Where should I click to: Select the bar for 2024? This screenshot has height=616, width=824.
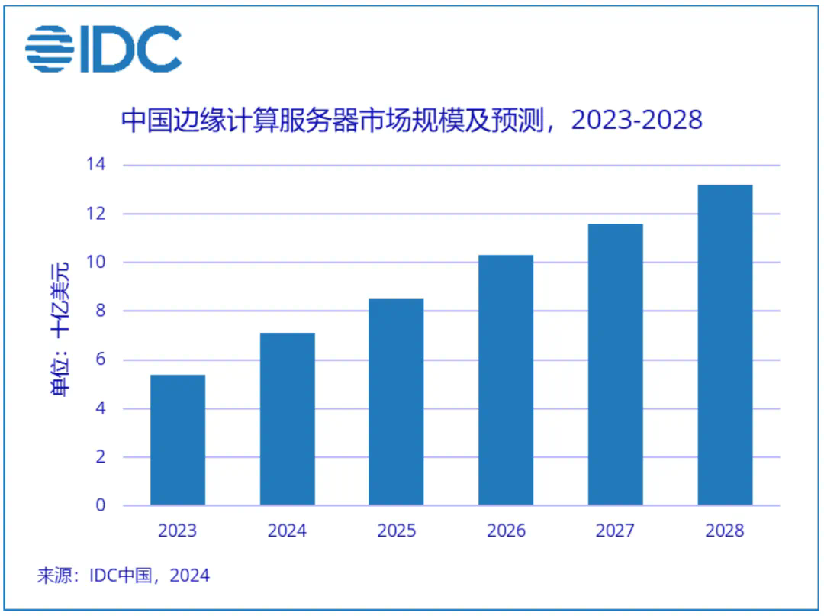pyautogui.click(x=287, y=419)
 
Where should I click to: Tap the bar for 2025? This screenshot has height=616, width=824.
pyautogui.click(x=396, y=402)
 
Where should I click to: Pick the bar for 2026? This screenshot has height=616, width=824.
pyautogui.click(x=506, y=380)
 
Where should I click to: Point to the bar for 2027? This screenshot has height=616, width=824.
pyautogui.click(x=616, y=364)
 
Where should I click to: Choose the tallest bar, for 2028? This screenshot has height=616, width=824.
pyautogui.click(x=725, y=345)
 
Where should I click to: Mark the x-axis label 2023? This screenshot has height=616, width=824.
pyautogui.click(x=178, y=531)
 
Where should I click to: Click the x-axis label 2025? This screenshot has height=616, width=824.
pyautogui.click(x=396, y=531)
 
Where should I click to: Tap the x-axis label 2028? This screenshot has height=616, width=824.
pyautogui.click(x=725, y=531)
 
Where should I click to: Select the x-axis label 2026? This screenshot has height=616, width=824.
pyautogui.click(x=506, y=531)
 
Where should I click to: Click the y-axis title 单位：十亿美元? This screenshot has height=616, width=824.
pyautogui.click(x=60, y=328)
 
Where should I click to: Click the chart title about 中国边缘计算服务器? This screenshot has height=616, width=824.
pyautogui.click(x=412, y=121)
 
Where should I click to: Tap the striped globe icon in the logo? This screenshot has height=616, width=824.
pyautogui.click(x=50, y=49)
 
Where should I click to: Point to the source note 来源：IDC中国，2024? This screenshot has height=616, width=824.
pyautogui.click(x=123, y=576)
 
